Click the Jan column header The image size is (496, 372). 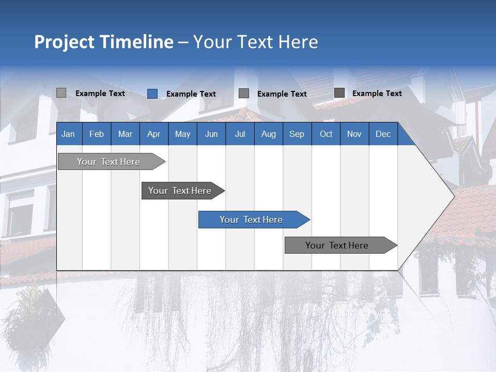[68, 134]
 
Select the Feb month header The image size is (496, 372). [97, 134]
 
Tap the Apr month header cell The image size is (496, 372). [154, 134]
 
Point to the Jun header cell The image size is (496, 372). [211, 134]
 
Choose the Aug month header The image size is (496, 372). [269, 134]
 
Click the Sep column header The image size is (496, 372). [297, 134]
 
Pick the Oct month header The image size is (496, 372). [326, 134]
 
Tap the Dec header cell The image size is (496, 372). [383, 134]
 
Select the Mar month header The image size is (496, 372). [125, 134]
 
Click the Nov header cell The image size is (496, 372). [354, 134]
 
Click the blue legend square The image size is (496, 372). [152, 94]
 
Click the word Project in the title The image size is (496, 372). [64, 42]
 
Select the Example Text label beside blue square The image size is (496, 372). [191, 94]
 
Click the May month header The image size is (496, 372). [182, 134]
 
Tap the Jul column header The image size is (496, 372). [240, 134]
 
